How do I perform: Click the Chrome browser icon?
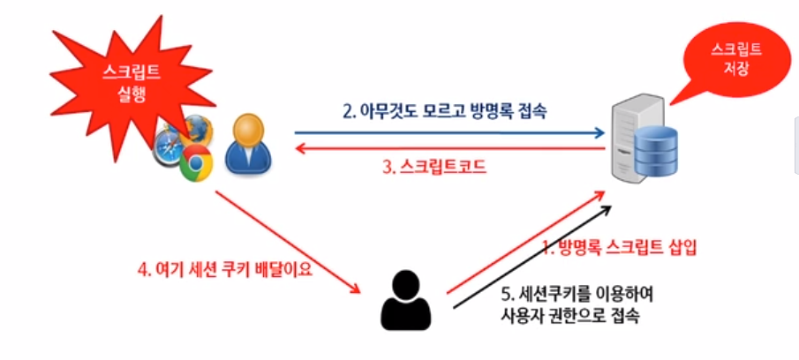(x=197, y=164)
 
